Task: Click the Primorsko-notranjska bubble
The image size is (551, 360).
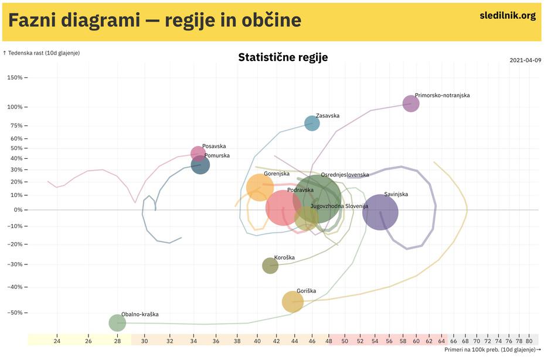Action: point(411,104)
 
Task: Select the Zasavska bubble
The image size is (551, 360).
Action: point(312,123)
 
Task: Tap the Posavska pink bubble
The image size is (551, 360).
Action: point(198,154)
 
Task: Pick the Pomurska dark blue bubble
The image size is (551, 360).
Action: point(200,165)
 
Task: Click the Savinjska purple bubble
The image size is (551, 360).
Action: point(380,212)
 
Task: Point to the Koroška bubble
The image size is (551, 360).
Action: point(270,266)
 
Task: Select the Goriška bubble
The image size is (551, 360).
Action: point(292,302)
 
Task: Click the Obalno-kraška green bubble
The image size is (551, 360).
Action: point(117,322)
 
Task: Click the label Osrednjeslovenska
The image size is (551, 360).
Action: point(345,175)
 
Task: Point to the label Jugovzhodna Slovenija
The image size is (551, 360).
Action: point(339,206)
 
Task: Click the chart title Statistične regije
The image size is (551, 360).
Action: point(283,57)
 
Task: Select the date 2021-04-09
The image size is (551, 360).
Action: point(525,60)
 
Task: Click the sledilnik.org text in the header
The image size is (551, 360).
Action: point(508,16)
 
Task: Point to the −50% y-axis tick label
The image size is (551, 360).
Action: point(14,313)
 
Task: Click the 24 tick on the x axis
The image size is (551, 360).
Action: point(57,341)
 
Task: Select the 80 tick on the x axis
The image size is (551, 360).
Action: point(529,341)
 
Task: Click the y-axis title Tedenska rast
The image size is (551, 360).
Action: point(42,53)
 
